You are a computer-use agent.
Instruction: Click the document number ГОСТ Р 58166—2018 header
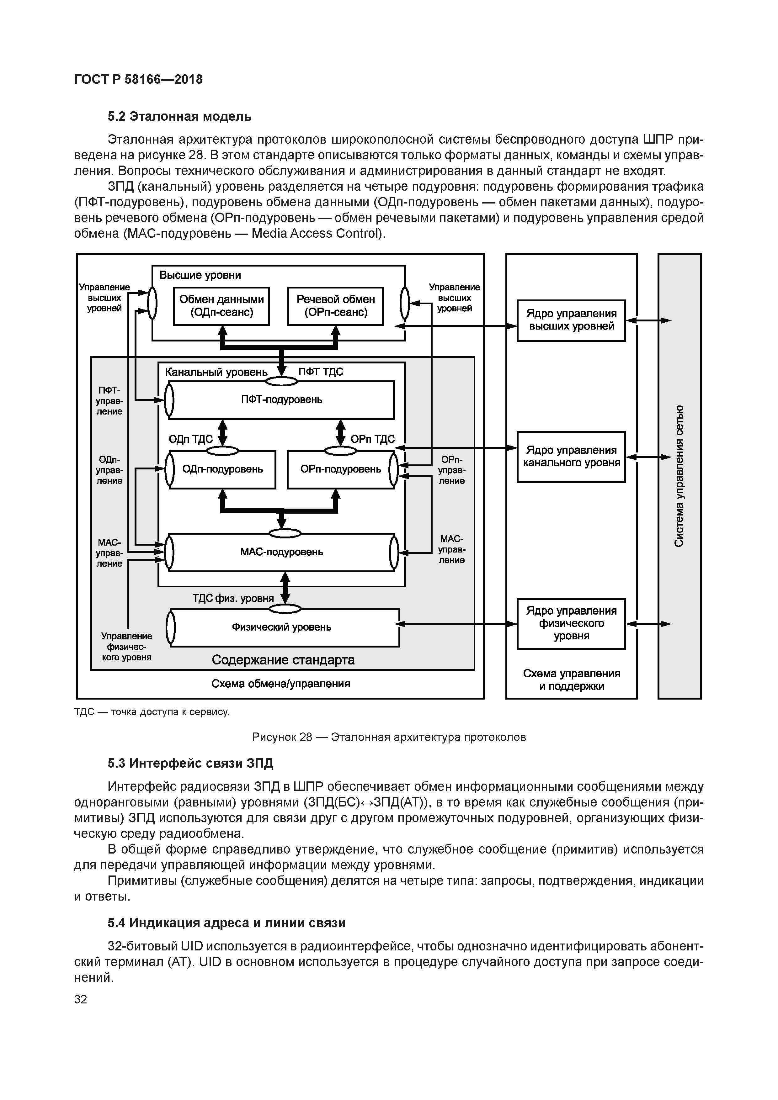click(x=139, y=80)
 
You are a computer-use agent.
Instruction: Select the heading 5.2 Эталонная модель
click(x=179, y=116)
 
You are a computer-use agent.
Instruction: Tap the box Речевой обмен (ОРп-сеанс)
click(x=336, y=306)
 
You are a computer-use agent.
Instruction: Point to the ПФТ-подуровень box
click(x=281, y=399)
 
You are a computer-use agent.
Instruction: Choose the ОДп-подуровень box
click(x=222, y=469)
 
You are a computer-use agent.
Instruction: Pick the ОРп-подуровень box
click(x=341, y=469)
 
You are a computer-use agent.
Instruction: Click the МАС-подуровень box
click(x=281, y=552)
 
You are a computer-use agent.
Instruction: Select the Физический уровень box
click(x=281, y=627)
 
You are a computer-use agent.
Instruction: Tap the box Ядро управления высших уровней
click(x=571, y=320)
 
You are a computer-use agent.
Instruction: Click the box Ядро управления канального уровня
click(x=571, y=457)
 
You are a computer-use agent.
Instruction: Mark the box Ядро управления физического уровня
click(x=571, y=623)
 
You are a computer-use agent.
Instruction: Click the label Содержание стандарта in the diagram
click(x=283, y=660)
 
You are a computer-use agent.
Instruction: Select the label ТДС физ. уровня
click(x=233, y=598)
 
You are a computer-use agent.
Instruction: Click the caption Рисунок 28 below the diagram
click(x=389, y=737)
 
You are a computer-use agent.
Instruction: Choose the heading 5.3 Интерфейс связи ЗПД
click(x=190, y=763)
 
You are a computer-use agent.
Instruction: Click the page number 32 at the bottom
click(x=81, y=999)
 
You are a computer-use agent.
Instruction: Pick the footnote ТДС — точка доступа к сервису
click(x=152, y=712)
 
